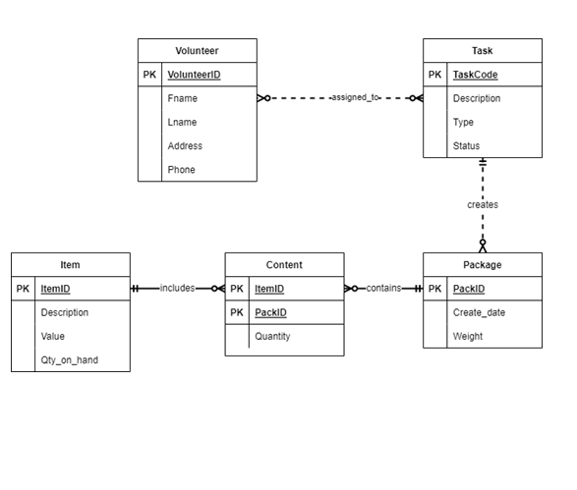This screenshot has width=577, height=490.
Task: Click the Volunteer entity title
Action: [197, 51]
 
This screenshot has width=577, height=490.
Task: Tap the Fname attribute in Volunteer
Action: [182, 98]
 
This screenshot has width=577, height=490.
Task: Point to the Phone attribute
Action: [181, 170]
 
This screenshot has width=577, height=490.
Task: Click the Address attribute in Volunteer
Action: [185, 146]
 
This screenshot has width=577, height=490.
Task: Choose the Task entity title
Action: [482, 51]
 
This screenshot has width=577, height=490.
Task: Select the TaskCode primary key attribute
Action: [475, 75]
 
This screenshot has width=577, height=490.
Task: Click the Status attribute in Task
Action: [466, 146]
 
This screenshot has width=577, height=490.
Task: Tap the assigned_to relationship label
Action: [355, 98]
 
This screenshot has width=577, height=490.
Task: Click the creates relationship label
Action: [482, 205]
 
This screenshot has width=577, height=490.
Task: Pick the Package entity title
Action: [482, 265]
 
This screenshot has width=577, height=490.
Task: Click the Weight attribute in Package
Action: [468, 337]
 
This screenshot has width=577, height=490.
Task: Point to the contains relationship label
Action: [383, 289]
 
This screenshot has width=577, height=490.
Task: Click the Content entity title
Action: [284, 265]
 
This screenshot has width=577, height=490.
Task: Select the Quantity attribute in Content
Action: [272, 337]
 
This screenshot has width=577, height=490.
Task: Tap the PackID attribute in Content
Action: [270, 312]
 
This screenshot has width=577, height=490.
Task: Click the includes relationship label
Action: [177, 289]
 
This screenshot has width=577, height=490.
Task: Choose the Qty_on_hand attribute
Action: [69, 360]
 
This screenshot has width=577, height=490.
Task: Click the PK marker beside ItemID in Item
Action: [24, 289]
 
